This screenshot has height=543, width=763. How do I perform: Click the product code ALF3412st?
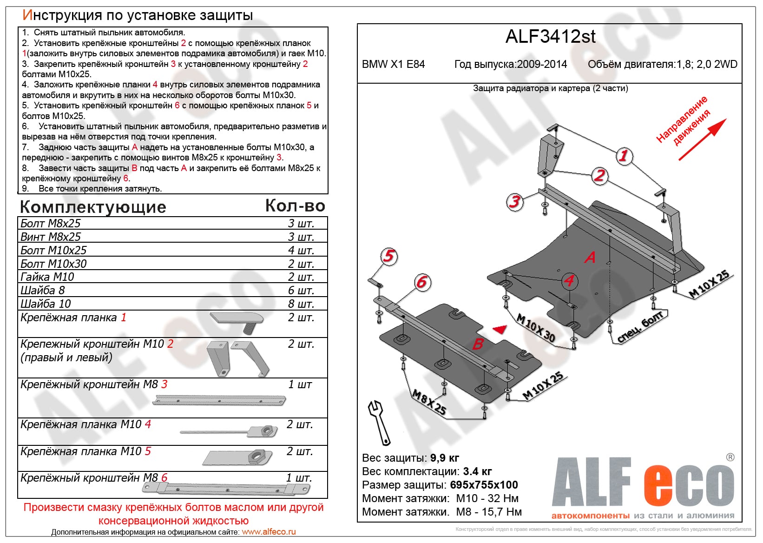[x=550, y=37]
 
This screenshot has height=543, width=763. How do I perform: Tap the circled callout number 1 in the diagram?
[x=624, y=156]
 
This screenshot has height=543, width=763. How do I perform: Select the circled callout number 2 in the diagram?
[x=599, y=176]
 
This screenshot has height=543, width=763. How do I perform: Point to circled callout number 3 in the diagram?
[x=514, y=202]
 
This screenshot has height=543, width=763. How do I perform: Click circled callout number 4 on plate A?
[x=569, y=280]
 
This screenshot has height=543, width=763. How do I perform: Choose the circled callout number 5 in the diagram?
[x=389, y=256]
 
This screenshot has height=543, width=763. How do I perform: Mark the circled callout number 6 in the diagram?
[x=422, y=282]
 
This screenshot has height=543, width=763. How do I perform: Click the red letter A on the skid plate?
[x=590, y=257]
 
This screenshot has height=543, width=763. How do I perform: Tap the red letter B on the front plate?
[x=478, y=344]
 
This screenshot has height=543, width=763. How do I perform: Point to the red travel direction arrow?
[x=702, y=140]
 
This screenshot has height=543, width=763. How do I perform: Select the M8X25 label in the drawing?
[x=429, y=403]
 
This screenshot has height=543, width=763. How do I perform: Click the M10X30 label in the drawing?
[x=536, y=328]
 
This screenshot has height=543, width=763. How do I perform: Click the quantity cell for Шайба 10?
[x=301, y=304]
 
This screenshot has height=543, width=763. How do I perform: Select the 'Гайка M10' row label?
[x=47, y=277]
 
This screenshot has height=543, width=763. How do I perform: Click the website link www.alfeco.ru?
[x=269, y=532]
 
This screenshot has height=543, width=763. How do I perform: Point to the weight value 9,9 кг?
[x=445, y=458]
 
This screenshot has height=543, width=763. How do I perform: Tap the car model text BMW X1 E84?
[x=393, y=64]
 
